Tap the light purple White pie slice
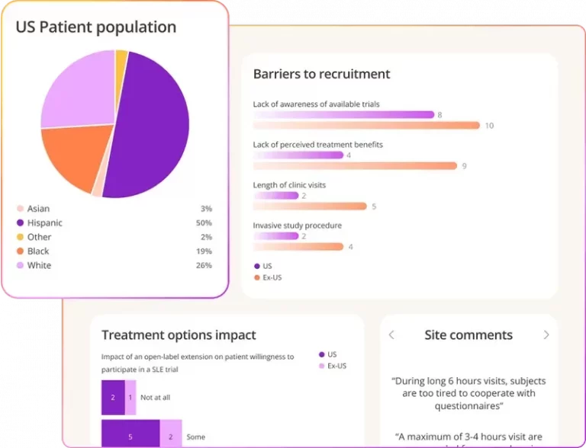coord(76,88)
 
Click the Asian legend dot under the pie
coord(20,209)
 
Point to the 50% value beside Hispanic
coord(204,223)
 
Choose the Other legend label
coord(39,237)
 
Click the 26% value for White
coord(204,265)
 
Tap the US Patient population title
coord(96,27)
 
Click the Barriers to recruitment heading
coord(321,74)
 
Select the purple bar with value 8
coord(343,114)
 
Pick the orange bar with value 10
coord(366,125)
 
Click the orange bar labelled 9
coord(355,165)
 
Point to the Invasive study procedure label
coord(297,226)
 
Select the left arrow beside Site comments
coord(392,335)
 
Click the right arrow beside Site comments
coord(546,335)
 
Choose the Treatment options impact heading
coord(179,335)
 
